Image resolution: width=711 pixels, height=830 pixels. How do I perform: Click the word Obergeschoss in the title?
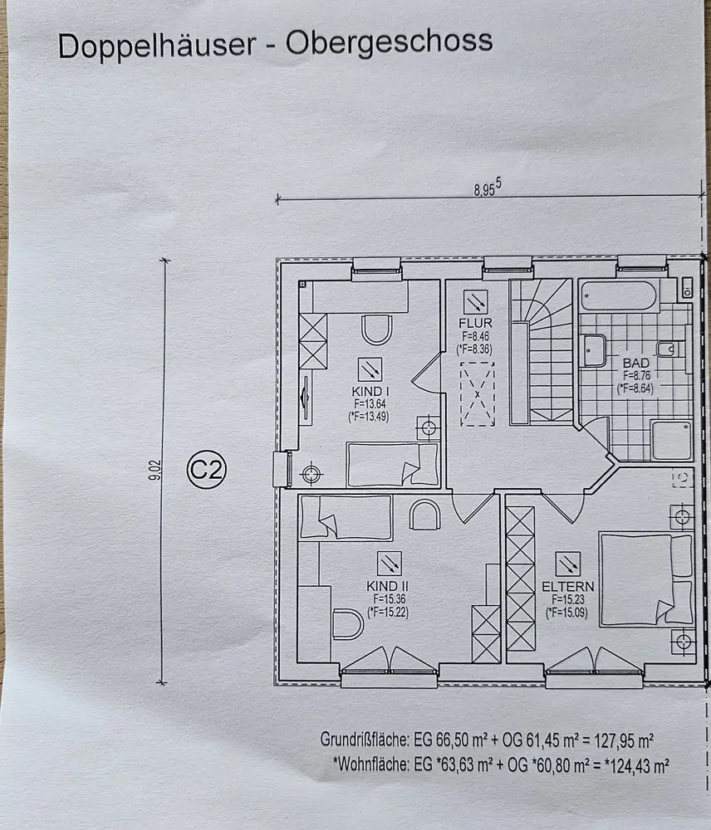click(390, 41)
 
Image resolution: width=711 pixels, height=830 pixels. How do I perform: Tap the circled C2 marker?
click(206, 471)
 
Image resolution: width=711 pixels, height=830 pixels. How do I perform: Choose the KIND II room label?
click(387, 586)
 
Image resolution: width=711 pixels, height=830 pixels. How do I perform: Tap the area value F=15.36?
click(387, 598)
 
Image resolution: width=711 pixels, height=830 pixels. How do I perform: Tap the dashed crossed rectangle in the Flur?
click(478, 393)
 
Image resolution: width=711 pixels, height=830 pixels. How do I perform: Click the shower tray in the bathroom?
click(671, 441)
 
